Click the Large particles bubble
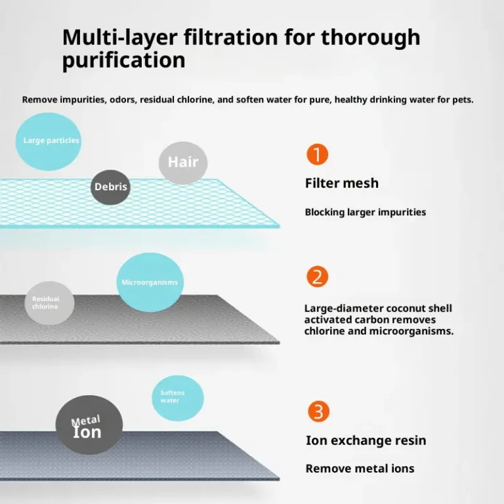[49, 141]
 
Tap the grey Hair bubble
[183, 162]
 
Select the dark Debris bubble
[111, 187]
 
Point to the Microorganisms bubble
[150, 282]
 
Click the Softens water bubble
[177, 398]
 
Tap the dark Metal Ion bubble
[89, 425]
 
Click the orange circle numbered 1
[317, 155]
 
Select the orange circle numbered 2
[317, 276]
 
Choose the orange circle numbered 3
[318, 411]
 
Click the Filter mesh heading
[342, 183]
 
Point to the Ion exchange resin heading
[366, 440]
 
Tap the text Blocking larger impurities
[366, 212]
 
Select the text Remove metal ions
[360, 469]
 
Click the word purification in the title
[123, 60]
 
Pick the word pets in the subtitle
[461, 100]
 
